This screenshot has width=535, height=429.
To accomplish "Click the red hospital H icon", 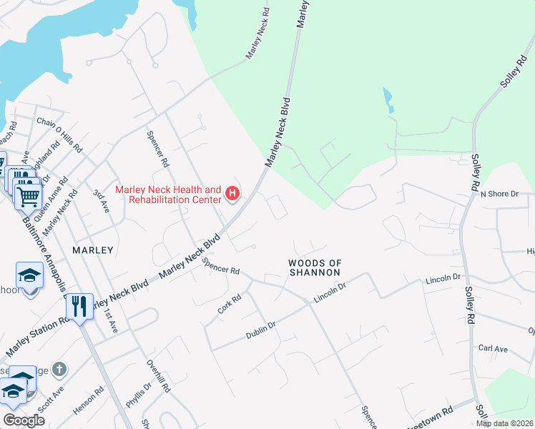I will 232,192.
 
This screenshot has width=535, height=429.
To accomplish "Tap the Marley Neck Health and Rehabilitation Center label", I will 169,194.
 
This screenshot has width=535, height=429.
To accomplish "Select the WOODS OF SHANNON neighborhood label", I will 313,267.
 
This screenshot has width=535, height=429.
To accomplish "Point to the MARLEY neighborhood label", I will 93,250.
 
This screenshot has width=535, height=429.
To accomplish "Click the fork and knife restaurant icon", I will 79,307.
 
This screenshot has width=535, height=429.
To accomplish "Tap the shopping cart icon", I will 27,194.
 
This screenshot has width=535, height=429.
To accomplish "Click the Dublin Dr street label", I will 261,330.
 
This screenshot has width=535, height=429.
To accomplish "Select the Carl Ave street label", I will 493,349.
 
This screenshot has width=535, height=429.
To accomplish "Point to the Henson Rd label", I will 88,400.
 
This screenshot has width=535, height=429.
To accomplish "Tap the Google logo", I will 24,420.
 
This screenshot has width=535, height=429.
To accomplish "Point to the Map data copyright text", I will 505,423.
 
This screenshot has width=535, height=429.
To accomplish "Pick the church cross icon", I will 60,369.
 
